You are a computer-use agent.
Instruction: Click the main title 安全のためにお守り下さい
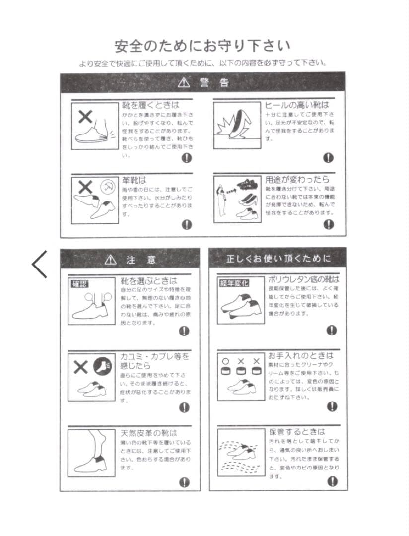coord(203,46)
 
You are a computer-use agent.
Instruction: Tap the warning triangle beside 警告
coord(184,83)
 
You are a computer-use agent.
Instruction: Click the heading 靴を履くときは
coord(150,105)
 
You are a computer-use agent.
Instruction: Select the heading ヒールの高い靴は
coord(296,105)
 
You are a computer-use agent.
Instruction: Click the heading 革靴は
coord(134,180)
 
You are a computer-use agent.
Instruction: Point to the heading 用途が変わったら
coord(297,180)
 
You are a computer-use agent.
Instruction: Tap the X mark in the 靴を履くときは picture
coord(85,117)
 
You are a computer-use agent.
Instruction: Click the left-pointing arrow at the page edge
coord(39,264)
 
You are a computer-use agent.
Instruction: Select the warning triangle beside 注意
coord(111,260)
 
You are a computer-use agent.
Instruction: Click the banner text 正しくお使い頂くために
coord(278,259)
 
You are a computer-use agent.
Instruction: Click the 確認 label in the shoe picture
coord(79,284)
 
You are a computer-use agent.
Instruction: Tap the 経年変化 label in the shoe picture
coord(234,283)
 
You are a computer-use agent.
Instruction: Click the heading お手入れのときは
coord(301,355)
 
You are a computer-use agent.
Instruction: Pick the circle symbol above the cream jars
coord(225,361)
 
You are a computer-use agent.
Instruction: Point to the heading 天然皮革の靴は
coord(148,433)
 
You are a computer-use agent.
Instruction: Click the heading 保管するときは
coord(297,432)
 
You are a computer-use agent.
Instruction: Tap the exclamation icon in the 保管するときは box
coord(332,481)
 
